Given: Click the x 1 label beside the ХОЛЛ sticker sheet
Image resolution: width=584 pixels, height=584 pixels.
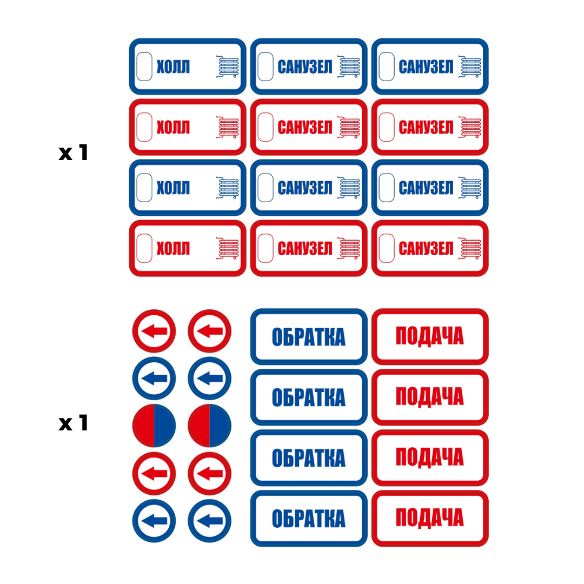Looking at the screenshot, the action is (x=73, y=153).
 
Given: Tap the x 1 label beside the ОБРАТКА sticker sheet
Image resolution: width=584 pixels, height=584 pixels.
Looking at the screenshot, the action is (x=73, y=423).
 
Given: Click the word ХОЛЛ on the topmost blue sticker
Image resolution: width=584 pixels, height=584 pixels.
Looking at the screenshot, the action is (x=173, y=67).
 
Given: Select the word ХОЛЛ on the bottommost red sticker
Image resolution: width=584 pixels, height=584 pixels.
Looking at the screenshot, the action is (x=173, y=249).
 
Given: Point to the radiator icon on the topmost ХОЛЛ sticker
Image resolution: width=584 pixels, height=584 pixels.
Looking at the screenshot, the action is (x=228, y=67).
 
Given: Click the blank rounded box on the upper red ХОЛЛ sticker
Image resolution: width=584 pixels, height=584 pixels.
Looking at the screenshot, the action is (x=144, y=127).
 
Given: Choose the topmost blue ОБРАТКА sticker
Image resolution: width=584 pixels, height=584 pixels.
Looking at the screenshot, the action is (x=309, y=336).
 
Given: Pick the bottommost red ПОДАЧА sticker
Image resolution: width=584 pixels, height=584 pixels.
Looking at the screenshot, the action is (x=430, y=518).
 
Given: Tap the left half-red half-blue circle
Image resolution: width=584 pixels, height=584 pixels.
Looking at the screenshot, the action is (x=154, y=426).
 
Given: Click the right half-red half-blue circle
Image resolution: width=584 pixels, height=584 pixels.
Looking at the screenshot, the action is (x=210, y=426).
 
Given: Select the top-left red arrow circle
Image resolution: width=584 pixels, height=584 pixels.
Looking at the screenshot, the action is (x=154, y=331).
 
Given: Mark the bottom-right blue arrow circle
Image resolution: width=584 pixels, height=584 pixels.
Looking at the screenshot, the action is (x=210, y=521).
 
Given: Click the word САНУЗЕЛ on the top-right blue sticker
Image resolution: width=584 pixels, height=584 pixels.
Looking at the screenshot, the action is (x=426, y=67).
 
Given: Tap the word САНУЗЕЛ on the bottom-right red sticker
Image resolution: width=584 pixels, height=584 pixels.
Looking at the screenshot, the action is (x=426, y=249).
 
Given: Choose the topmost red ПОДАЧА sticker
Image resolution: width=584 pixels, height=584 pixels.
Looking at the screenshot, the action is (x=430, y=336).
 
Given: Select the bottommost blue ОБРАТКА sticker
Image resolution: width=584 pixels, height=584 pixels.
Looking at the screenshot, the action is (x=309, y=518).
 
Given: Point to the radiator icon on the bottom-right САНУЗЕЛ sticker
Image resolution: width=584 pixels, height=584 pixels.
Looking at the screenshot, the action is (x=470, y=248).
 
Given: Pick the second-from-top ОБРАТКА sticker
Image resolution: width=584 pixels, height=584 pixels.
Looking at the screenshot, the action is (x=309, y=397).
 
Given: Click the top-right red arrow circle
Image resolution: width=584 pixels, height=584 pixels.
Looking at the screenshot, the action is (x=210, y=331).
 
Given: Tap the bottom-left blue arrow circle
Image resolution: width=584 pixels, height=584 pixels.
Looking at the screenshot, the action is (x=154, y=521).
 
